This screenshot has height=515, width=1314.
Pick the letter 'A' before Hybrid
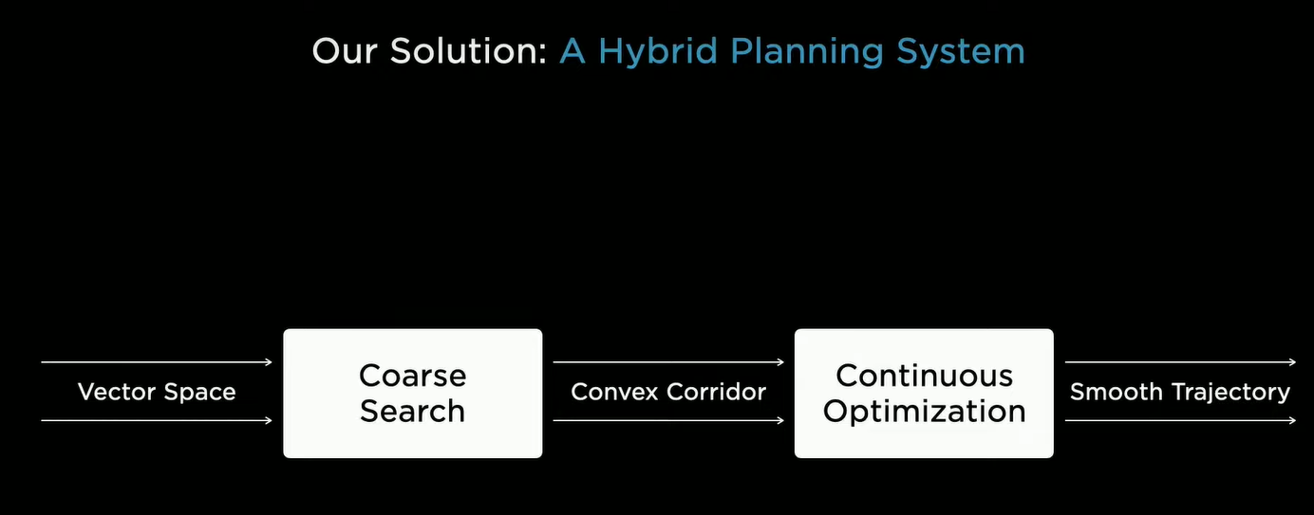573,51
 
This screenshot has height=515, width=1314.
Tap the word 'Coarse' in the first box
412,376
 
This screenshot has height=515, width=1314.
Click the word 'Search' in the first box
412,411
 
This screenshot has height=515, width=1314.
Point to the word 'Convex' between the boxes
613,392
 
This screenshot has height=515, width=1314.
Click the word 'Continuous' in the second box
925,376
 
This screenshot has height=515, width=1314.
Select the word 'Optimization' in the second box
925,412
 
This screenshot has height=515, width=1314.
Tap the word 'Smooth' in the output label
1116,392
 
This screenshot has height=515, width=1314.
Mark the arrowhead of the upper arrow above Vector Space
270,362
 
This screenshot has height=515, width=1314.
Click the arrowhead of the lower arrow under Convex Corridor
780,420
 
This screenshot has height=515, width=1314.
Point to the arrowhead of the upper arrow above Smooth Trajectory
1292,362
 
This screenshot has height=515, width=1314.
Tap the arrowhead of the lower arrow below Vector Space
270,420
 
